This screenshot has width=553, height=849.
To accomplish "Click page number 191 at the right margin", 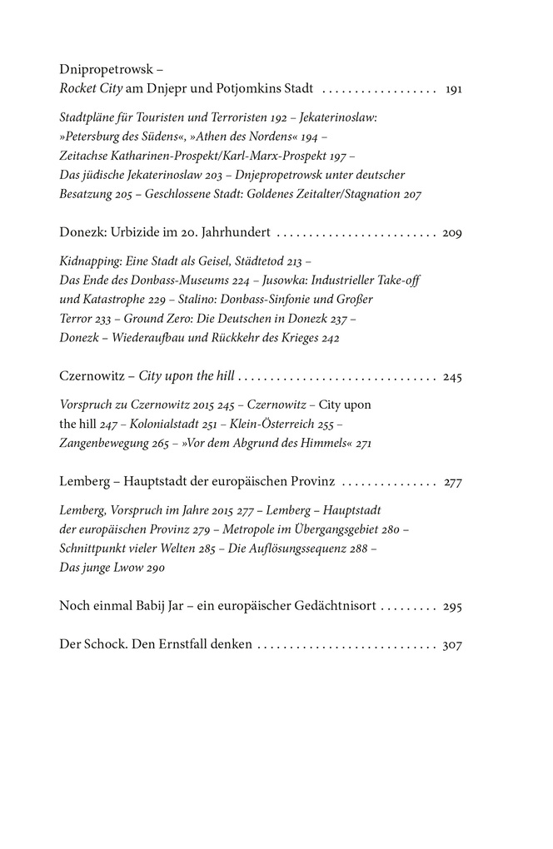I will (x=453, y=88).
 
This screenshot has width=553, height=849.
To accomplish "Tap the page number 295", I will (x=452, y=606).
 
